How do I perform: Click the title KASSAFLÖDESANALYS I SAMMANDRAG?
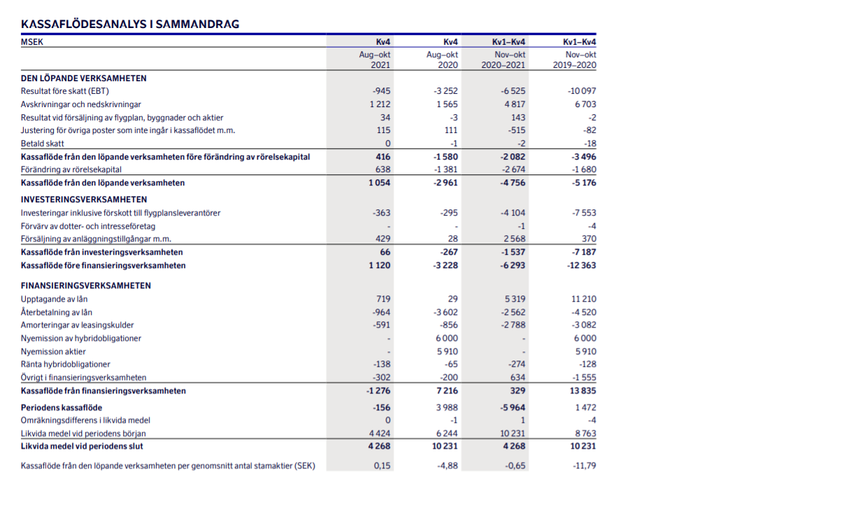pos(130,24)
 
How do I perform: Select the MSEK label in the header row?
pos(32,42)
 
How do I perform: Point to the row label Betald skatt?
pos(43,143)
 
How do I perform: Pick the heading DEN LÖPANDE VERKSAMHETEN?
pos(84,78)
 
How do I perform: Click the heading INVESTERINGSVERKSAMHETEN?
pos(84,199)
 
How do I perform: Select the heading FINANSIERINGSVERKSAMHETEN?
pos(86,286)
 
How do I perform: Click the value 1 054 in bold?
pos(380,183)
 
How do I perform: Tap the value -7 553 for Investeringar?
pos(584,213)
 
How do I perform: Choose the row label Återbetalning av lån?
pos(57,312)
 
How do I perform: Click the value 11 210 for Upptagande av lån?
pos(584,299)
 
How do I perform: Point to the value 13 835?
pos(583,391)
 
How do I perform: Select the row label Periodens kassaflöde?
pos(62,407)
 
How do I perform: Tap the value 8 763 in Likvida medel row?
pos(586,433)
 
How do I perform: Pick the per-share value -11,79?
pos(584,465)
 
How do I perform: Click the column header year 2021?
pos(381,65)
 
